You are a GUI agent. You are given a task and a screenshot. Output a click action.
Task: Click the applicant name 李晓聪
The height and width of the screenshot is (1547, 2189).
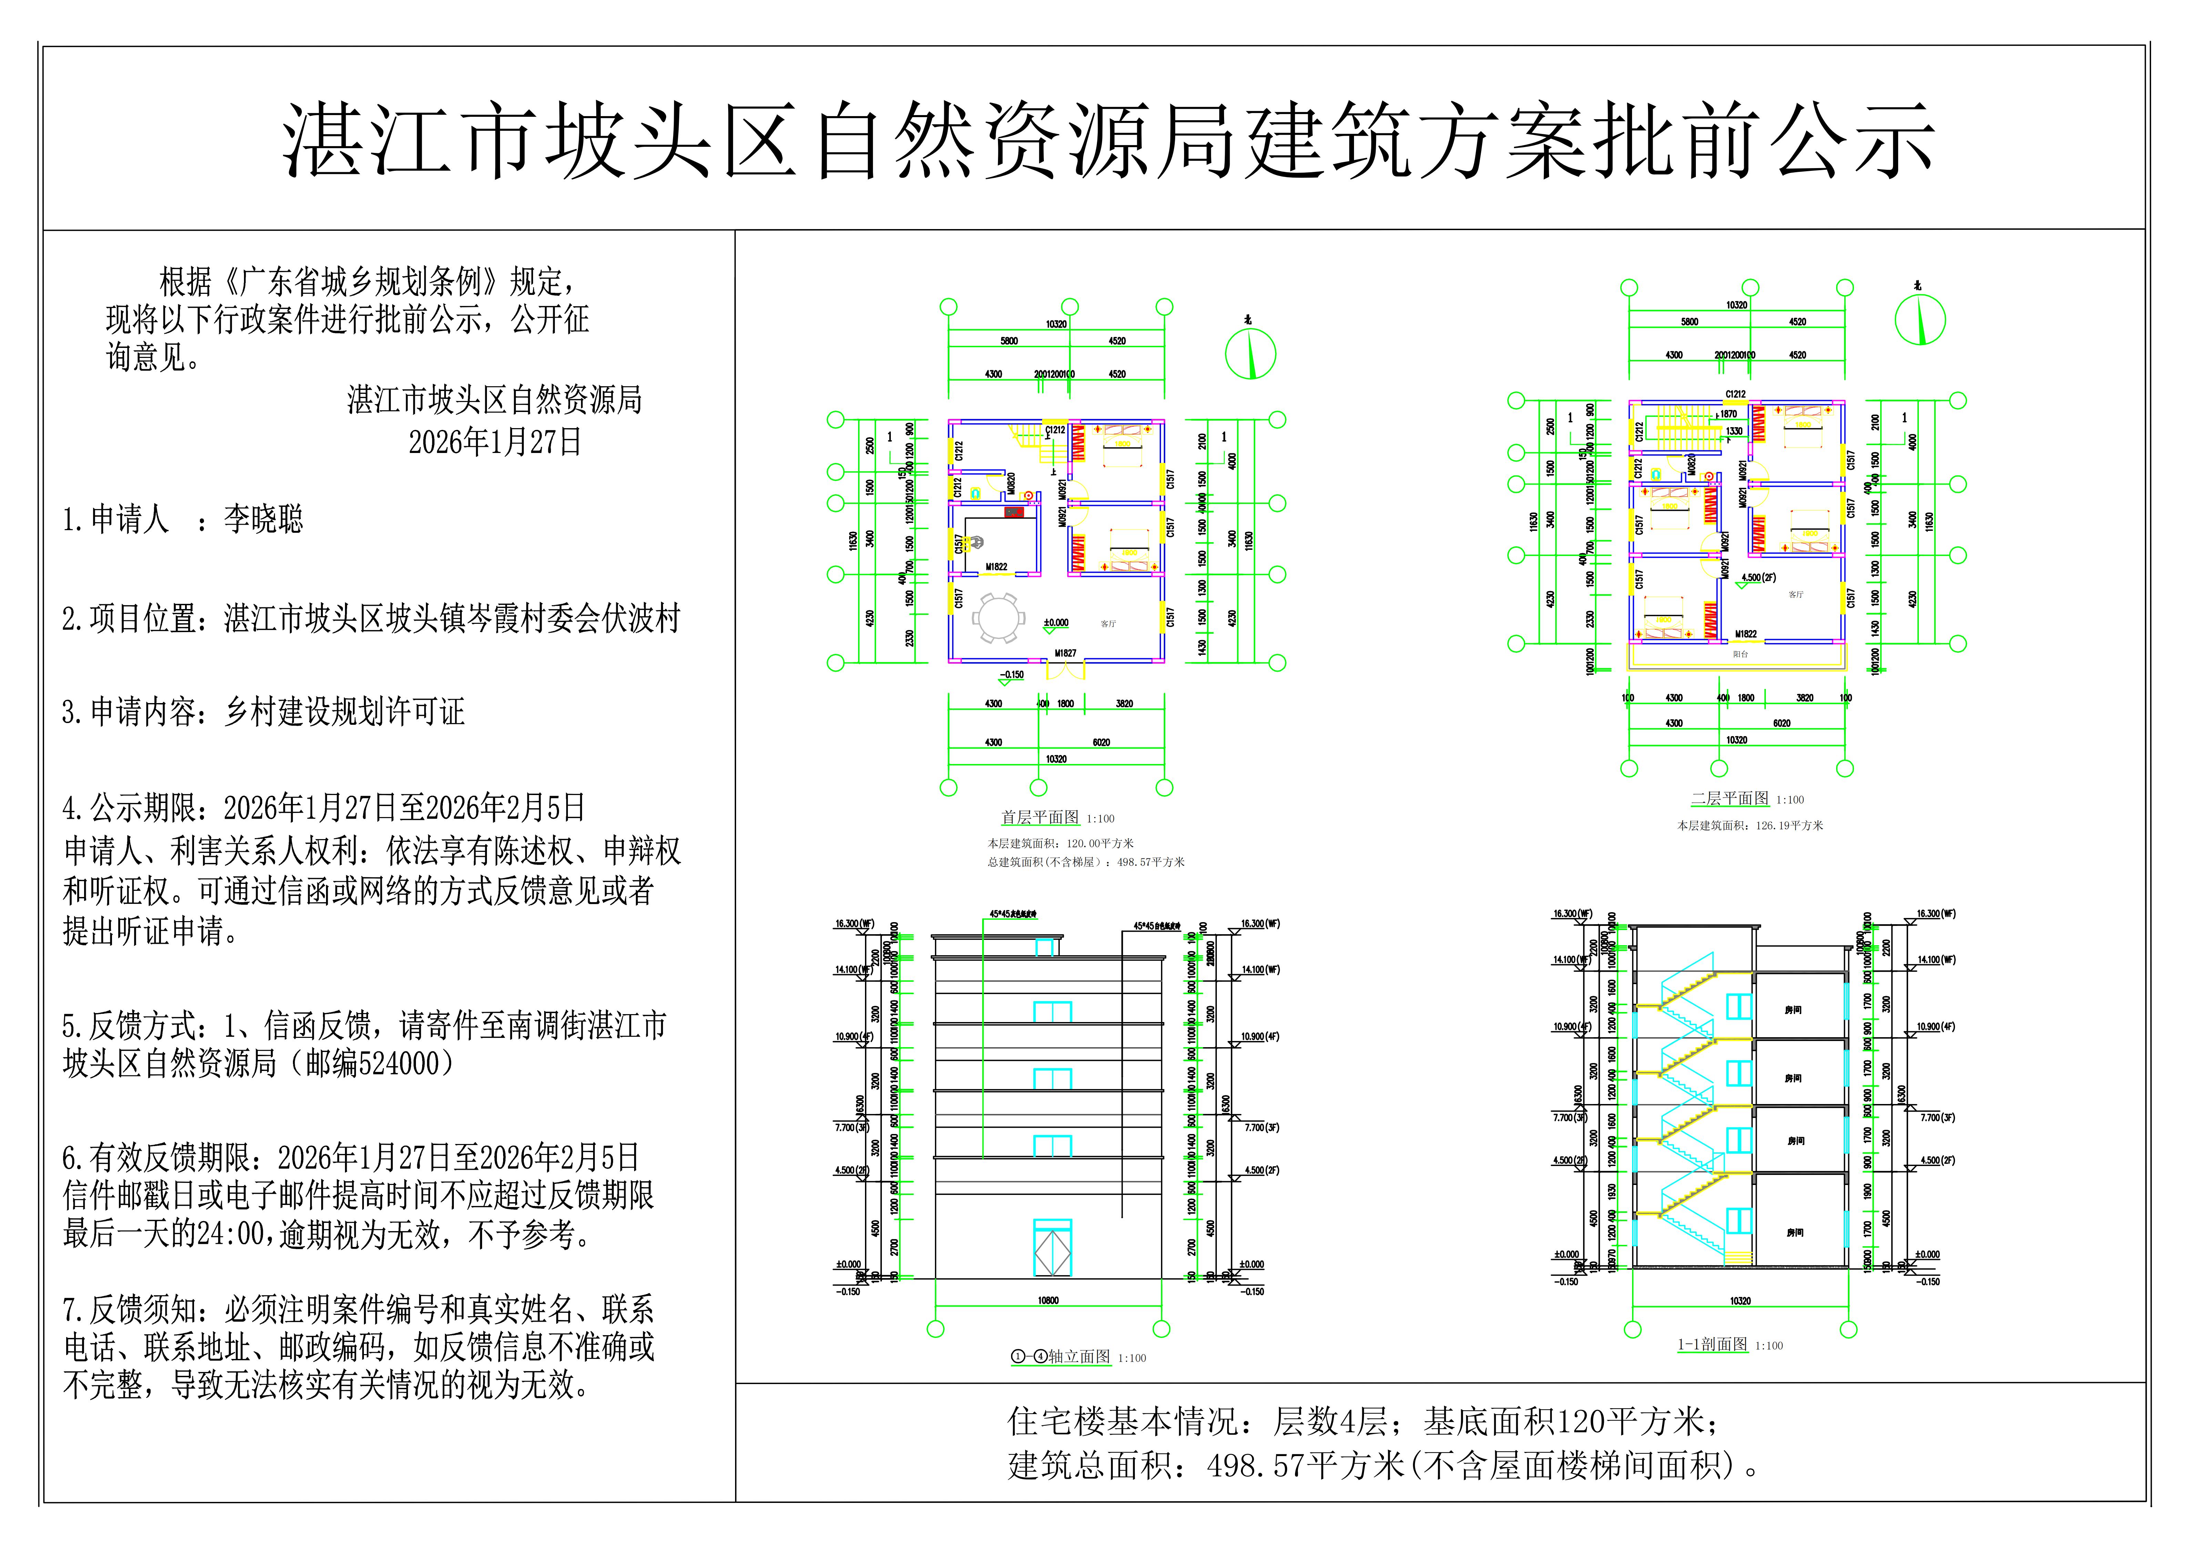click(x=263, y=519)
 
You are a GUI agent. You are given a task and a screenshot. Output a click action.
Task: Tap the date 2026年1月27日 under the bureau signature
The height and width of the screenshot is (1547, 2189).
click(x=495, y=442)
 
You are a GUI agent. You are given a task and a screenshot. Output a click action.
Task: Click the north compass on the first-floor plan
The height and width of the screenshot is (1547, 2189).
click(x=1250, y=354)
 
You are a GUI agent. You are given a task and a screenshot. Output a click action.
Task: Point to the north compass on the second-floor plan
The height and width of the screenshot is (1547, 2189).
click(x=1919, y=320)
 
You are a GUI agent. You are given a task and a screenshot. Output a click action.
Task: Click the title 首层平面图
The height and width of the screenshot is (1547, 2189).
click(x=1039, y=818)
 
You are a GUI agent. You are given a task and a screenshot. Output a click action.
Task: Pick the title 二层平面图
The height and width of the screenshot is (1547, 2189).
click(x=1730, y=799)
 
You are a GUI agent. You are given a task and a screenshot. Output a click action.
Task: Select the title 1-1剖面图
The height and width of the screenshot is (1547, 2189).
click(x=1712, y=1345)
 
